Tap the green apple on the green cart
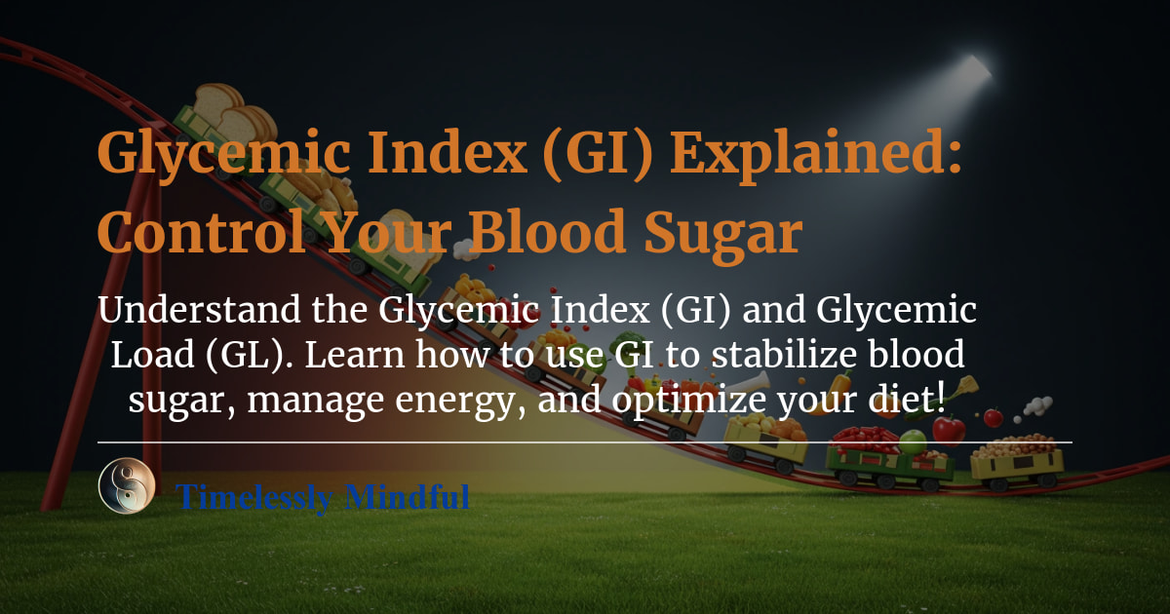(913, 442)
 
